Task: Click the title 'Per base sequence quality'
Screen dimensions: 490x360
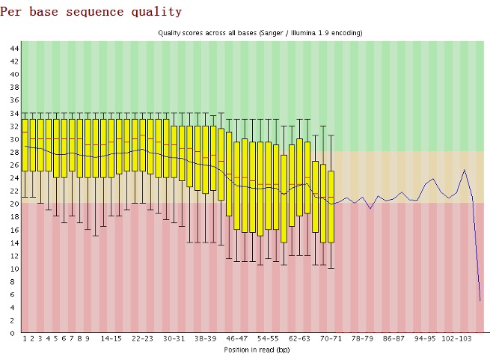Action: point(91,12)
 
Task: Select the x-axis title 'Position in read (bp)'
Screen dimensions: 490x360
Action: point(257,350)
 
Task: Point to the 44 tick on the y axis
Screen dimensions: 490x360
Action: point(14,48)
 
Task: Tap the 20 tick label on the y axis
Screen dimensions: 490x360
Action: point(14,204)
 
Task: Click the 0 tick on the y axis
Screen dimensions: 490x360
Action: point(12,333)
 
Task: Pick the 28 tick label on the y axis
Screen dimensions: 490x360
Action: point(14,152)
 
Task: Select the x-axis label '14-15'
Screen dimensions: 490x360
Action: point(111,338)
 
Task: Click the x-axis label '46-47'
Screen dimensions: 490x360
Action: point(236,338)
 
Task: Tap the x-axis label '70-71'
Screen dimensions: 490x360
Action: point(331,338)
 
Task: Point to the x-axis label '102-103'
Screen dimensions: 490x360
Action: point(456,338)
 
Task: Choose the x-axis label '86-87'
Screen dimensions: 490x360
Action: point(393,338)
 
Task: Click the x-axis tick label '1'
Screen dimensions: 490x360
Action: point(25,338)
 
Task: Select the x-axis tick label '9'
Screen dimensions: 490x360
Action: point(88,338)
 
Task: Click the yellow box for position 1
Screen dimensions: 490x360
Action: point(25,145)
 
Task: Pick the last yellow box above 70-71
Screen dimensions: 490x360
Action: point(331,207)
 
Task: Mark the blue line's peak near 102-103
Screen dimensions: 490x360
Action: point(465,170)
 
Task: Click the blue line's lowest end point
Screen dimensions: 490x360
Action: point(480,301)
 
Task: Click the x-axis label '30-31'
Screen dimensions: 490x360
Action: point(174,338)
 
